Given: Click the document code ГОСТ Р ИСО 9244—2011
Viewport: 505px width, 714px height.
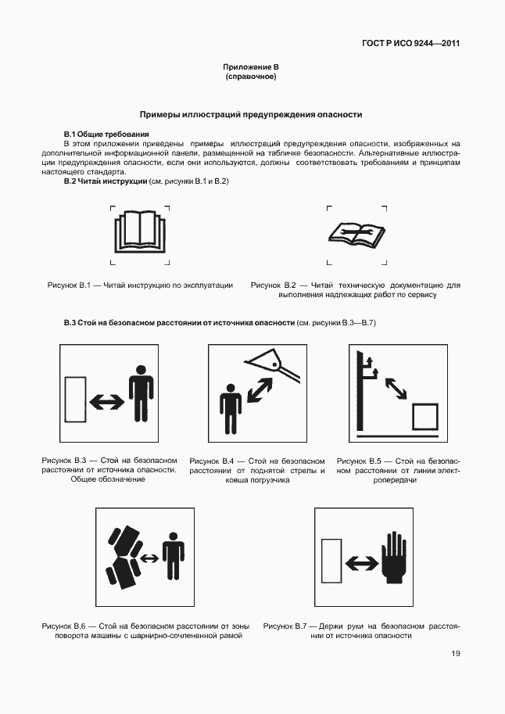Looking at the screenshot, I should [x=410, y=44].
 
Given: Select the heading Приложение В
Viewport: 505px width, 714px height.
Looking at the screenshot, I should [x=251, y=68].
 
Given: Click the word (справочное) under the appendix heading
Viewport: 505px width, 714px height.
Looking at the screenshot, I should [x=251, y=77].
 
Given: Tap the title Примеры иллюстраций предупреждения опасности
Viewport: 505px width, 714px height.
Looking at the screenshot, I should [x=250, y=114].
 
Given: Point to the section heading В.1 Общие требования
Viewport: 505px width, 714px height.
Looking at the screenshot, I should [x=106, y=135].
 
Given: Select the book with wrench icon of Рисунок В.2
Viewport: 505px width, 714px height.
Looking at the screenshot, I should [x=356, y=234].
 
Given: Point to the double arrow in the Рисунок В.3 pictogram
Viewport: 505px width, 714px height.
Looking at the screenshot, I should [x=106, y=401].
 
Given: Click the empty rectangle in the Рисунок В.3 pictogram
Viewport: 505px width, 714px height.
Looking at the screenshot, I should [x=75, y=400].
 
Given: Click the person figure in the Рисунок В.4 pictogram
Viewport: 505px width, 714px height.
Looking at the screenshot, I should [x=230, y=408].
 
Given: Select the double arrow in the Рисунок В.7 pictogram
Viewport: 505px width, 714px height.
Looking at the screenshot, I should [x=360, y=562].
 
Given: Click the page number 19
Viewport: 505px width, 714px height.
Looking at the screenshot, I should [x=455, y=655].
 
